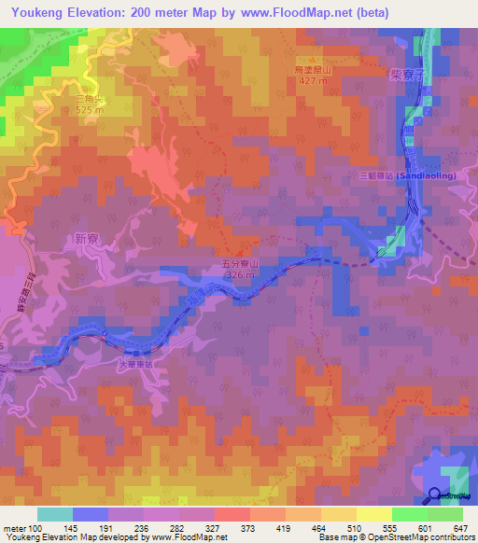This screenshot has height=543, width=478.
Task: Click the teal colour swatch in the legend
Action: click(54, 514)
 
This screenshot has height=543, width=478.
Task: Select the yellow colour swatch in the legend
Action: click(338, 514)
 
